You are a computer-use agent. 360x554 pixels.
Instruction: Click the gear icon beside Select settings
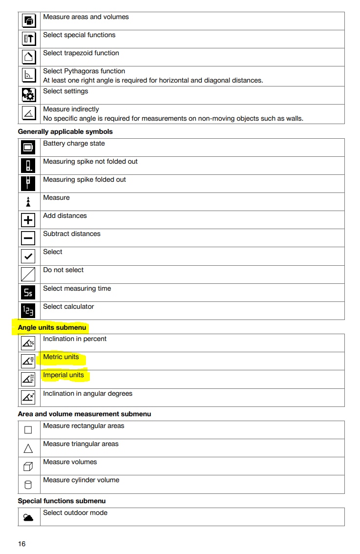pyautogui.click(x=28, y=94)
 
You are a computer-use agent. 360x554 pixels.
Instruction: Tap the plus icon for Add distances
pyautogui.click(x=28, y=220)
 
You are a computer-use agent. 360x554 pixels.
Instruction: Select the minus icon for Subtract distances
pyautogui.click(x=28, y=238)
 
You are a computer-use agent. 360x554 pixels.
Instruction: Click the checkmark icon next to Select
pyautogui.click(x=28, y=256)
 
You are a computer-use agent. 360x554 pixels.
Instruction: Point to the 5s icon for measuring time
pyautogui.click(x=28, y=293)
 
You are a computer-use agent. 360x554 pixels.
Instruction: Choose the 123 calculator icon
pyautogui.click(x=28, y=311)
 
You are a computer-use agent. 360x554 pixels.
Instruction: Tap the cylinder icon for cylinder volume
pyautogui.click(x=28, y=485)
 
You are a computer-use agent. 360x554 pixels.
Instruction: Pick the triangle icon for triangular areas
pyautogui.click(x=28, y=448)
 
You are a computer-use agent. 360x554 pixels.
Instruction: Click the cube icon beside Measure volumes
pyautogui.click(x=28, y=467)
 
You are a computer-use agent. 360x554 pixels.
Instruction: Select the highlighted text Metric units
pyautogui.click(x=61, y=357)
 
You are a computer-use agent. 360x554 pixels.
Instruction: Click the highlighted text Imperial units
pyautogui.click(x=64, y=375)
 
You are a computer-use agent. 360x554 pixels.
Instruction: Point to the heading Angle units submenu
pyautogui.click(x=52, y=327)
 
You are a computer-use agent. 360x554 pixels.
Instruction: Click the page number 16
pyautogui.click(x=21, y=544)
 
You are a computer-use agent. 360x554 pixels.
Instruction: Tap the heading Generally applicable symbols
pyautogui.click(x=65, y=131)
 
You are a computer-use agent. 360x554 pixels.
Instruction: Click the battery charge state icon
pyautogui.click(x=28, y=147)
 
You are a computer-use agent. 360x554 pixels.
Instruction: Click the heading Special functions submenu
pyautogui.click(x=62, y=501)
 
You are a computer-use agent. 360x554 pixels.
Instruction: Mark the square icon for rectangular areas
pyautogui.click(x=28, y=430)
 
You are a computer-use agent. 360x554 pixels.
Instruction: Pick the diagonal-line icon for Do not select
pyautogui.click(x=28, y=274)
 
